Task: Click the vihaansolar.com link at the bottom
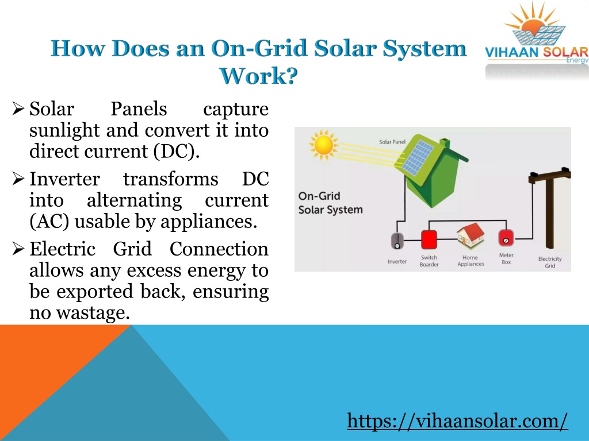pyautogui.click(x=457, y=421)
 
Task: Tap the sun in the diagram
pyautogui.click(x=323, y=144)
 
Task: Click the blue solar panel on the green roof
pyautogui.click(x=418, y=158)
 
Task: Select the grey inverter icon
pyautogui.click(x=397, y=241)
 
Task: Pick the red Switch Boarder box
pyautogui.click(x=429, y=239)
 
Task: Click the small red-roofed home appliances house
pyautogui.click(x=471, y=235)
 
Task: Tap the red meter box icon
pyautogui.click(x=506, y=238)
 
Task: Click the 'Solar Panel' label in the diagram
pyautogui.click(x=392, y=142)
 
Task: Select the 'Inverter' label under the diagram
pyautogui.click(x=397, y=261)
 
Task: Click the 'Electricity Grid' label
pyautogui.click(x=550, y=262)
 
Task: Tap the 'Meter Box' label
pyautogui.click(x=506, y=258)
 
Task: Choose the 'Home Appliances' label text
pyautogui.click(x=471, y=261)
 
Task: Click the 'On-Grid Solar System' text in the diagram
pyautogui.click(x=331, y=203)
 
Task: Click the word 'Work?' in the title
pyautogui.click(x=258, y=76)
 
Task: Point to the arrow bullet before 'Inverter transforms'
pyautogui.click(x=18, y=179)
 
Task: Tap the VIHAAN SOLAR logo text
pyautogui.click(x=537, y=52)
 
